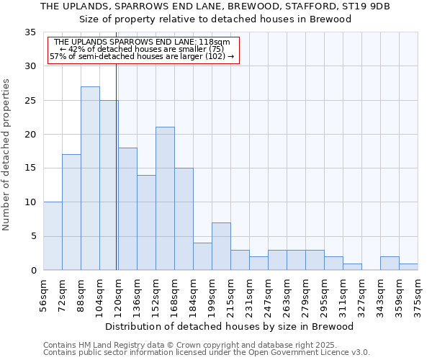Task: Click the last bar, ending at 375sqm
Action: point(408,266)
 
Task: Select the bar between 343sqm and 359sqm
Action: point(390,263)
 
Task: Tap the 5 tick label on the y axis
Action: point(32,236)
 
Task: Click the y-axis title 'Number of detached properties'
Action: point(6,155)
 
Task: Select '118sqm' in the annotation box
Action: point(215,42)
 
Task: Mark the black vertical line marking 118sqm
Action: point(116,166)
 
